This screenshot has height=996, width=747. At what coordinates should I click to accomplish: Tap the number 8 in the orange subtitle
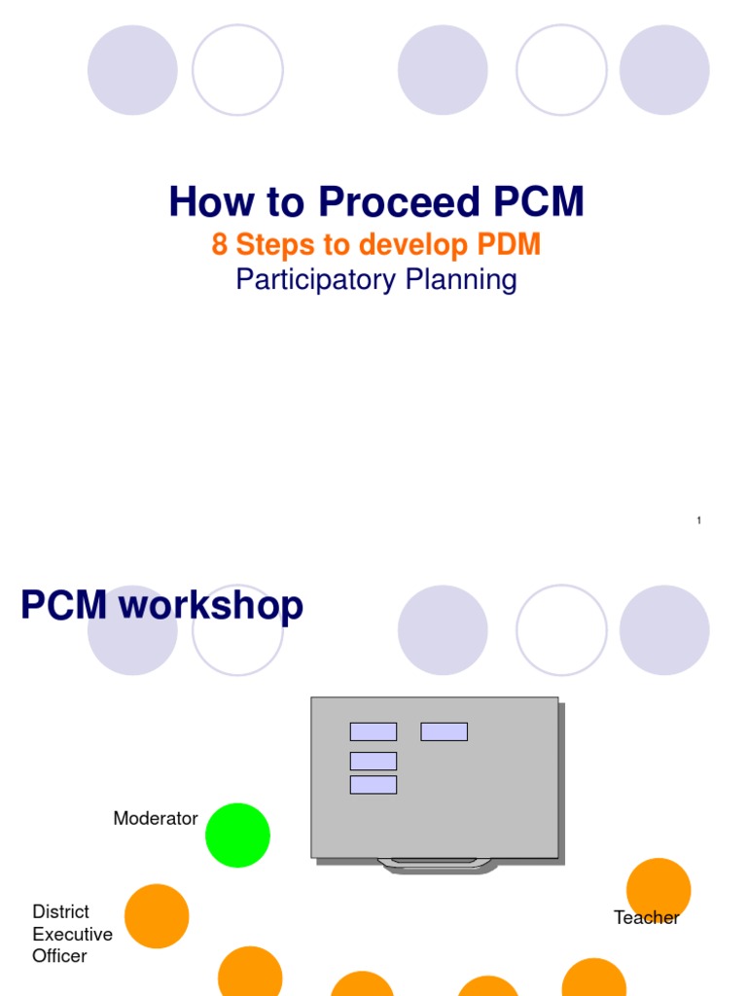click(x=219, y=244)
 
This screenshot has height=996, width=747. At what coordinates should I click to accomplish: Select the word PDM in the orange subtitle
click(x=508, y=244)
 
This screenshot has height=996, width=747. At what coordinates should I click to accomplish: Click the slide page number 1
click(x=698, y=521)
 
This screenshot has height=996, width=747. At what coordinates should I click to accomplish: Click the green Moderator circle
click(x=237, y=835)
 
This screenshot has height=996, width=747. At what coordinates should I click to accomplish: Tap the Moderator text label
click(x=156, y=818)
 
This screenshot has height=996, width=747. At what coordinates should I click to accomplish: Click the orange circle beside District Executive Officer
click(x=157, y=916)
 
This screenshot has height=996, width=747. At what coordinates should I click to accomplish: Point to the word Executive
click(x=73, y=934)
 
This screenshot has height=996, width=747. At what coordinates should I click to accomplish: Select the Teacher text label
click(x=646, y=917)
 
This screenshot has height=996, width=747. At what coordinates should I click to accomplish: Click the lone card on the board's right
click(x=444, y=731)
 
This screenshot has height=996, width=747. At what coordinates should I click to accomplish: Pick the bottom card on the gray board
click(x=373, y=784)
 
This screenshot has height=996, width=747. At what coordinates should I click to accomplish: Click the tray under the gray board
click(x=434, y=863)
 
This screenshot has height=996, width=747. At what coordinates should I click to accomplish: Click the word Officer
click(x=60, y=956)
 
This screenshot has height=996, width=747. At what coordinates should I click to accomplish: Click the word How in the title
click(x=202, y=202)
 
